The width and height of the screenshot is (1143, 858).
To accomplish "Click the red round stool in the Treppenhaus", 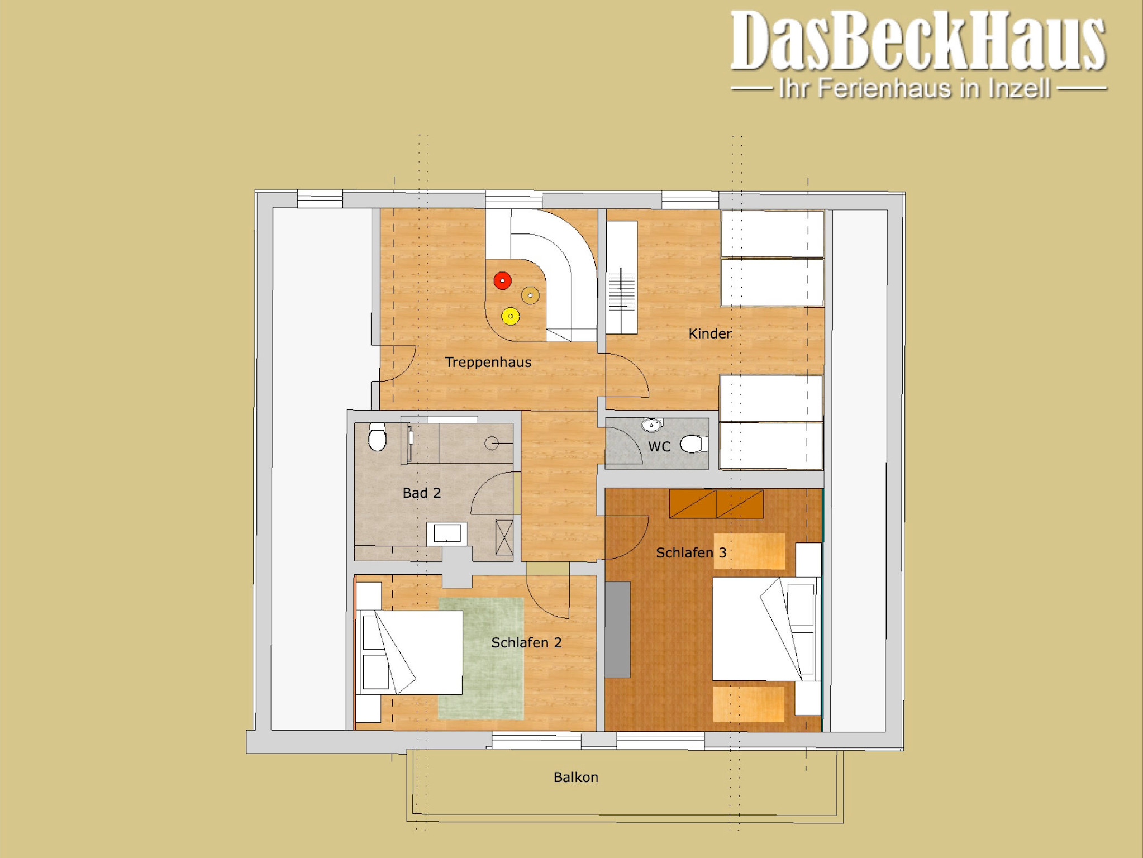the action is tap(502, 280).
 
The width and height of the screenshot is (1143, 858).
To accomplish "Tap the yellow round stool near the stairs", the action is tap(510, 316).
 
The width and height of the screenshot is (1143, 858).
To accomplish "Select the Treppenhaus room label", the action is tap(488, 362).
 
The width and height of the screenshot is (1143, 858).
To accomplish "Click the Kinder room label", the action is tap(709, 333).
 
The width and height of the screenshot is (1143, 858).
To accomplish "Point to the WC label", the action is tap(659, 446).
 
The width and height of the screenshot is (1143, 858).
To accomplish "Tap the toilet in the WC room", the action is tap(694, 444).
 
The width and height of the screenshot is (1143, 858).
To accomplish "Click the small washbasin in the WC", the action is tap(651, 425).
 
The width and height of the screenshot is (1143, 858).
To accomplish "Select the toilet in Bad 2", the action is tap(378, 437).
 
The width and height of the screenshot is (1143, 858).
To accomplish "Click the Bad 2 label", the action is tap(422, 493).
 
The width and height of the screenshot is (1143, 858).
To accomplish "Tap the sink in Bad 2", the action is tap(447, 533).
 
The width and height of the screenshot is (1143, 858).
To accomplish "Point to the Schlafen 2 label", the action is tap(526, 642).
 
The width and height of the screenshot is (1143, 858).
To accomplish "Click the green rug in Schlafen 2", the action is tap(481, 659).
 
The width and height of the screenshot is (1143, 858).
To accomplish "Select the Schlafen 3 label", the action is tap(691, 552).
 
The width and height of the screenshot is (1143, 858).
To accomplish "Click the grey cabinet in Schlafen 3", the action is tap(617, 630).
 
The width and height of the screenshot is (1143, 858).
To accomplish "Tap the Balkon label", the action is tap(576, 777).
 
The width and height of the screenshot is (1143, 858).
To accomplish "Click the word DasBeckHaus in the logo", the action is tap(918, 41).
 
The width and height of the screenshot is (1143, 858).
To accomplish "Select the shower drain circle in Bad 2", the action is tap(492, 444).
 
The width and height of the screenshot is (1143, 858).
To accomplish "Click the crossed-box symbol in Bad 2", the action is tap(504, 537).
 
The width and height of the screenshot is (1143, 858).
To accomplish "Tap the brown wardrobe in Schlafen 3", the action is tap(716, 504).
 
